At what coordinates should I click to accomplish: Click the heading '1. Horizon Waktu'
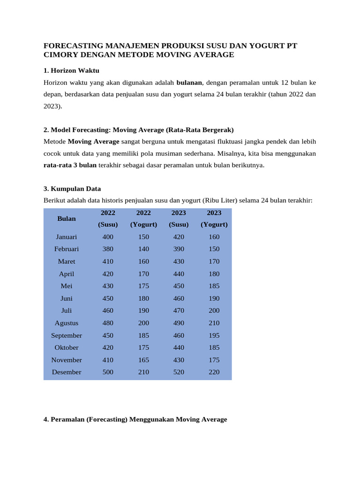71,70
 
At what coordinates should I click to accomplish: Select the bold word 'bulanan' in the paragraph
189,82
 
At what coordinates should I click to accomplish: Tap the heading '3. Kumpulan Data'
72,188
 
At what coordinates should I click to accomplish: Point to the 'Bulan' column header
67,218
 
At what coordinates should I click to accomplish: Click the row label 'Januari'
67,237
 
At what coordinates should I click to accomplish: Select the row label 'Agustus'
67,323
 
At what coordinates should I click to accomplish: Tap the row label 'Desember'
67,372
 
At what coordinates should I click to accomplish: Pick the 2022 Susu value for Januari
108,237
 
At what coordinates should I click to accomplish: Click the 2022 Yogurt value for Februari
143,249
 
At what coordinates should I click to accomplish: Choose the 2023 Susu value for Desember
179,372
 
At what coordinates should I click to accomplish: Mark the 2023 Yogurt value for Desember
214,372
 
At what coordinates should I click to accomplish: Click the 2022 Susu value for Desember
108,372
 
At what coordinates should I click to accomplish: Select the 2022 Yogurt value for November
143,360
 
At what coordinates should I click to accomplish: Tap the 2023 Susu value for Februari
179,249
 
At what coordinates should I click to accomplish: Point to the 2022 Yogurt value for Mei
143,286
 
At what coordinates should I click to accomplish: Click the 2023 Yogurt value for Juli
214,310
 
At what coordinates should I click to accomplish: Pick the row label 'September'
67,336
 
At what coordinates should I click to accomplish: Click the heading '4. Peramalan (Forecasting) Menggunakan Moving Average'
135,420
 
